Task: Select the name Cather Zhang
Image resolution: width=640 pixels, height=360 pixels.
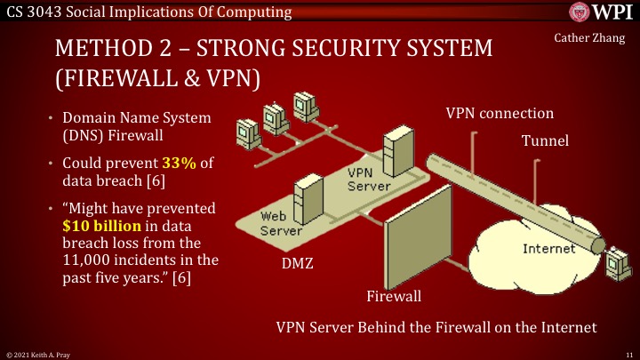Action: (590, 38)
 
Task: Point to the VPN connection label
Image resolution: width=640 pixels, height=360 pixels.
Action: (500, 114)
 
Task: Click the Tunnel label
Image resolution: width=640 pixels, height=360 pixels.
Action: (544, 140)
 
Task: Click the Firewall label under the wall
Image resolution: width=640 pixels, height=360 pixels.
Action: (394, 295)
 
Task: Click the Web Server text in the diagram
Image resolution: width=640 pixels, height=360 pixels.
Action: (281, 223)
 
